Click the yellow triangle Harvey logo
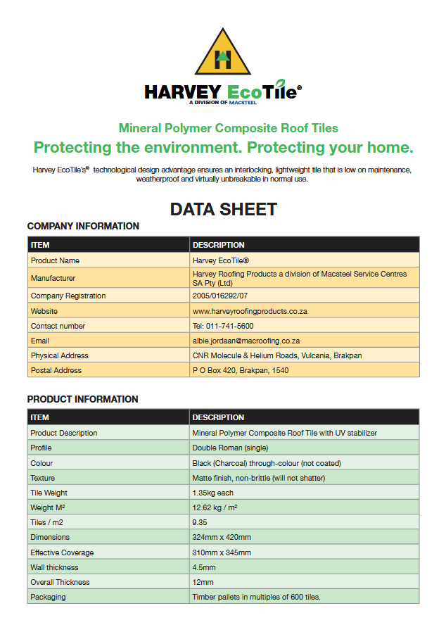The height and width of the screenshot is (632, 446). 223,53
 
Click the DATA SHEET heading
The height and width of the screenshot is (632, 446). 223,209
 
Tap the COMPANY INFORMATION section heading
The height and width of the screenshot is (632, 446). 83,226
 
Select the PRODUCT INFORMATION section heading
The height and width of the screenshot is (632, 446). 82,399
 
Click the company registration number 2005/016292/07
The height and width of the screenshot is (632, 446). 219,296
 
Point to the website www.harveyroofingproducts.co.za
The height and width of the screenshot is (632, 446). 250,311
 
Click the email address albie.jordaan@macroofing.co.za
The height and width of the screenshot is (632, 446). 246,341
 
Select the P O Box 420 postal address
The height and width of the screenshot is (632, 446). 240,370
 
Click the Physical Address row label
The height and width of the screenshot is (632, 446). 60,355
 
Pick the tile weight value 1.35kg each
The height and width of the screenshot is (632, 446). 213,493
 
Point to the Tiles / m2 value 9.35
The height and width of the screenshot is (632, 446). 200,523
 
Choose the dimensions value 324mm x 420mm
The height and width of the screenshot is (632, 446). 221,538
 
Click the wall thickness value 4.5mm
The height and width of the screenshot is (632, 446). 204,567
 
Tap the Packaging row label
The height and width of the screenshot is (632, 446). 48,597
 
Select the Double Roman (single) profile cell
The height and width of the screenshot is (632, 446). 230,448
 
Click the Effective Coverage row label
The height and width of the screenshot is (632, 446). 62,552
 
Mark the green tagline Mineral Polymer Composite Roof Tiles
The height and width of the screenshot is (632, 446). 228,128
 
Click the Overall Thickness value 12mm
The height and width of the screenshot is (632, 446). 203,582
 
